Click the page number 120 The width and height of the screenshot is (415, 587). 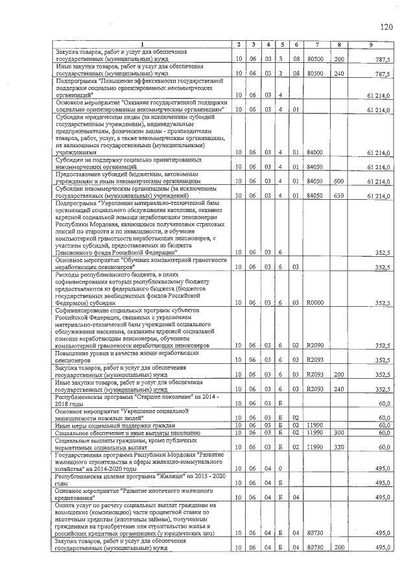click(386, 27)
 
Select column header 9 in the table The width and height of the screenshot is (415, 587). click(370, 44)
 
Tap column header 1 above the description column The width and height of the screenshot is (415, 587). click(141, 44)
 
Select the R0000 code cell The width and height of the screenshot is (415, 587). click(315, 303)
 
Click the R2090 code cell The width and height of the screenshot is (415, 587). click(315, 346)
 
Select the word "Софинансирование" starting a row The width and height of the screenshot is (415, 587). click(81, 311)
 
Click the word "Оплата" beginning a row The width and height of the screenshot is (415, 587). click(65, 504)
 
